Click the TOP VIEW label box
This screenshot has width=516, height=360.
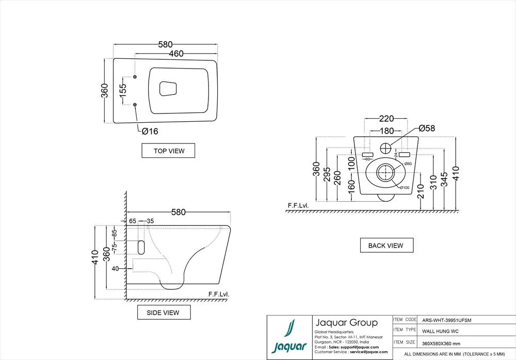coord(168,151)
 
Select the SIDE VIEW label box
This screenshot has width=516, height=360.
coord(164,313)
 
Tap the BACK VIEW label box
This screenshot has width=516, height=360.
coord(386,246)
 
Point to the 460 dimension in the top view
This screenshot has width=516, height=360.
coord(176,53)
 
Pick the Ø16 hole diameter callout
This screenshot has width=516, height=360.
coord(150,131)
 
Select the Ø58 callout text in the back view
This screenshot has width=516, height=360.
coord(428,128)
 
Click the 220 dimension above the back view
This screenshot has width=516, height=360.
coord(386,118)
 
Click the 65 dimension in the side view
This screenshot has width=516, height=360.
coord(133,221)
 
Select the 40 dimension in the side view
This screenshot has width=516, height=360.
coord(115,268)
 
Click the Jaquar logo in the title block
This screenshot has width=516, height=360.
coord(288,338)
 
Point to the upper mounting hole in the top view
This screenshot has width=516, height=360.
coord(135,77)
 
